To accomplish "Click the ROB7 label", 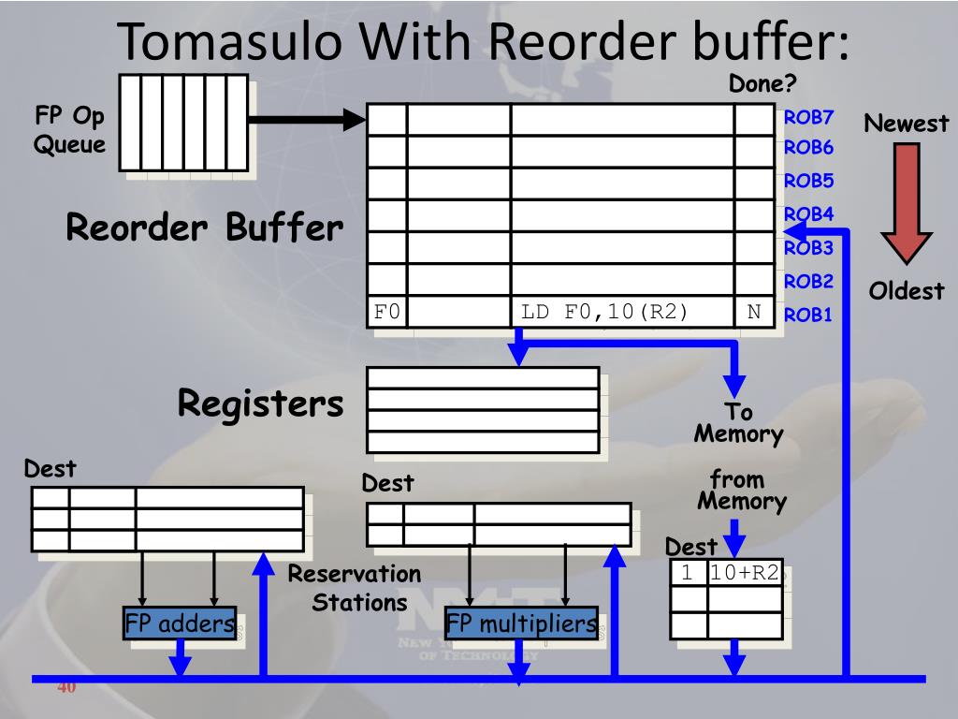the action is [x=808, y=117].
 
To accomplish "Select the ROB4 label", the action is [x=808, y=214].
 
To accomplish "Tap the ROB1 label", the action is [x=807, y=315].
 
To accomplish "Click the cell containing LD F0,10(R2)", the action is [x=622, y=312].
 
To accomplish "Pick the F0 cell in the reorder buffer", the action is [x=387, y=312].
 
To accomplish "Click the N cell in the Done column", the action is [x=755, y=312].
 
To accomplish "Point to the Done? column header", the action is [x=762, y=83].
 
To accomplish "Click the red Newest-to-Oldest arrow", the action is [x=906, y=203].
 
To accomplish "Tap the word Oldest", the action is [x=906, y=291].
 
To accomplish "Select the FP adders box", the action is [x=180, y=623].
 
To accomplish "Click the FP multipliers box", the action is [x=521, y=623].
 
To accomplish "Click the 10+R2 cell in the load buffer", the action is [x=745, y=573].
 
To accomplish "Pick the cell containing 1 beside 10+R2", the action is [x=688, y=573].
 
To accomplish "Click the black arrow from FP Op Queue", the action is [x=307, y=119].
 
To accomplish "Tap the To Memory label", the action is [x=739, y=423].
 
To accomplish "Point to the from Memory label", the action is [x=742, y=491].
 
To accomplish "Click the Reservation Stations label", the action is [x=355, y=588].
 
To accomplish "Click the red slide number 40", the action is [x=66, y=687].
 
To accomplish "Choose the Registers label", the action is [x=261, y=404].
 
